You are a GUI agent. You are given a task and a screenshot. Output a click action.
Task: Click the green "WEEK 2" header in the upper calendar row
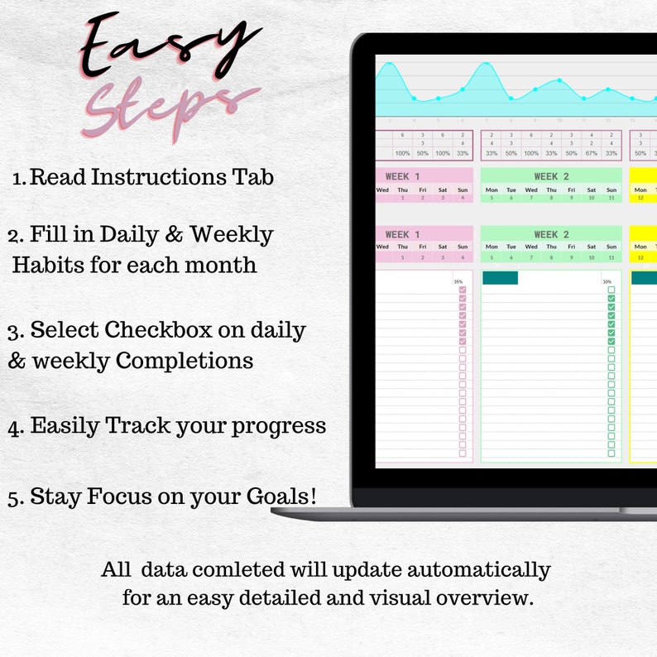tap(551, 176)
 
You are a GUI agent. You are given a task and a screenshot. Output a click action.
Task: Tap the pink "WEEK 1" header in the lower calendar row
tap(402, 234)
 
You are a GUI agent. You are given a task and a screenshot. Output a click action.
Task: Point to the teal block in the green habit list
tap(500, 278)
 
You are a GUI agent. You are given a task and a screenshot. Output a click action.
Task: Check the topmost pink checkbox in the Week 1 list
tap(463, 290)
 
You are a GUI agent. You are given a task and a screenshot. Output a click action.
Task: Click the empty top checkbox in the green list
tap(611, 290)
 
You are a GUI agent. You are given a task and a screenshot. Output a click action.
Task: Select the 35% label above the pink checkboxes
tap(458, 282)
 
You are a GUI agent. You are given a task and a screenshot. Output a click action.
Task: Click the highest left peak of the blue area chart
tap(389, 65)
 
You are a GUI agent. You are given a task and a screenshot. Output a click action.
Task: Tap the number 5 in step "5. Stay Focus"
tap(13, 497)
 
